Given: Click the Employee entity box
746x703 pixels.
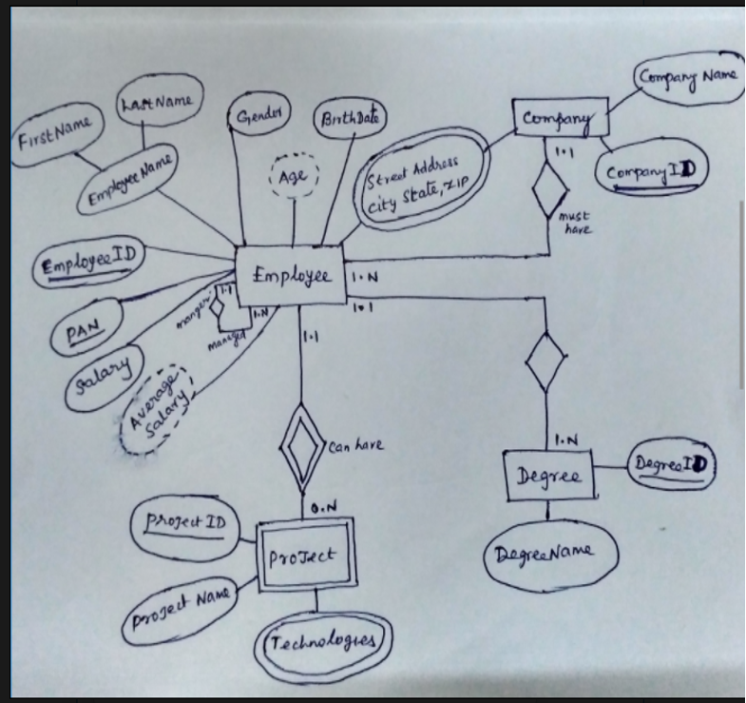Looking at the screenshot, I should click(x=292, y=277).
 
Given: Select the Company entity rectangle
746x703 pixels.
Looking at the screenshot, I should click(x=561, y=118).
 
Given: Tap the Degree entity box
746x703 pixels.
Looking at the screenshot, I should click(x=549, y=475).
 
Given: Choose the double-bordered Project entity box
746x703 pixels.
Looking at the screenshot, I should click(x=305, y=554).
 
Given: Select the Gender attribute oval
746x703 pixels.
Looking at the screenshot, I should click(x=258, y=119).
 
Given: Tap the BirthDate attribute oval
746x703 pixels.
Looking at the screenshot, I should click(x=350, y=118).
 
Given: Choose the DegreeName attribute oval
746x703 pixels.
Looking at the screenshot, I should click(x=550, y=554).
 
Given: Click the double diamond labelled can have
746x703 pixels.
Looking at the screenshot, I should click(x=302, y=444).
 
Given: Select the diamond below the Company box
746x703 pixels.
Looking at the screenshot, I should click(x=549, y=190).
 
